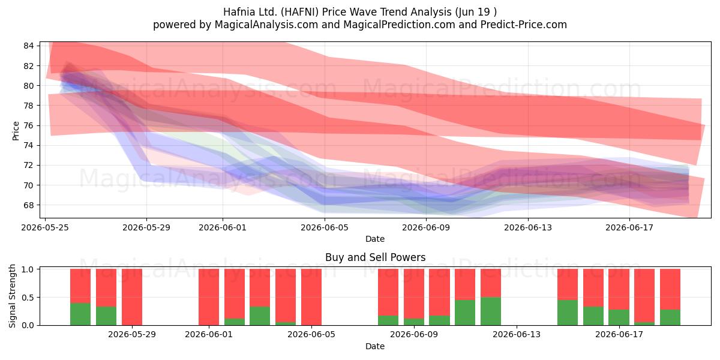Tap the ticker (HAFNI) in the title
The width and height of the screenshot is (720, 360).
point(299,12)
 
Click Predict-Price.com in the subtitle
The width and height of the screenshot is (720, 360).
point(524,25)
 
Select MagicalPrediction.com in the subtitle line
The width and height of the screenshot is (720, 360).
point(399,25)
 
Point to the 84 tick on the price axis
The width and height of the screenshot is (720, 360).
point(29,46)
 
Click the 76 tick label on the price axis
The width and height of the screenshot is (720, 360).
point(29,125)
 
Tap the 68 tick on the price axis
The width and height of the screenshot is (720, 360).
point(29,205)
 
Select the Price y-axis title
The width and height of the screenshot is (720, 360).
point(16,131)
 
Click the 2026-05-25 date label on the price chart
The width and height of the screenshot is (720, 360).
point(45,227)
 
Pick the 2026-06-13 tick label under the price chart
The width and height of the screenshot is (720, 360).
point(528,227)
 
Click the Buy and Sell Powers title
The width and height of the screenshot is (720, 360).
point(375,257)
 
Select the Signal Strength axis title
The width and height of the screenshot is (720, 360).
point(12,296)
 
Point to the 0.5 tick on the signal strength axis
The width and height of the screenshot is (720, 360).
point(28,298)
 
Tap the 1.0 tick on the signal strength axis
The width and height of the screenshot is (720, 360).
point(28,269)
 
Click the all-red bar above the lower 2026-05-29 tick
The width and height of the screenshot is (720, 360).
point(132,297)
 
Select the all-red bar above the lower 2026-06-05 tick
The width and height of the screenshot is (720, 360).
point(311,297)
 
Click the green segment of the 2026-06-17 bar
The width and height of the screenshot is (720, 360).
point(619,317)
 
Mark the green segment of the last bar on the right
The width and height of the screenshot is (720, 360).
point(670,317)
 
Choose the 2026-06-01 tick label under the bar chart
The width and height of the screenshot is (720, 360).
point(209,334)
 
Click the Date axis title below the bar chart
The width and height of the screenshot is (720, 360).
point(375,346)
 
